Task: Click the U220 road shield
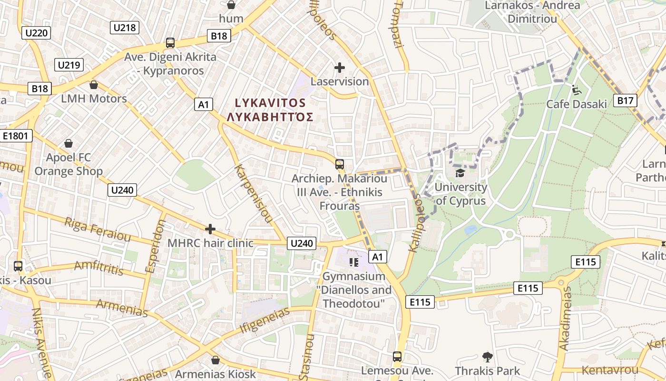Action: coord(36,33)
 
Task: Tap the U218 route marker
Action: coord(125,27)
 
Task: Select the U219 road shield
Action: coord(69,65)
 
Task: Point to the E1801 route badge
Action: coord(16,136)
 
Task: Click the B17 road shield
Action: coord(625,100)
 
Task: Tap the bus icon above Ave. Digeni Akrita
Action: coord(170,43)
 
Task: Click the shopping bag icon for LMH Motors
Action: coord(94,85)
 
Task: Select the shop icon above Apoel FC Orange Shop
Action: coord(69,143)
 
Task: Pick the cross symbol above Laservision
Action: coord(339,68)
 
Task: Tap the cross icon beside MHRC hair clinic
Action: coord(210,229)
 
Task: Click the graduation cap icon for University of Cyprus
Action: coord(460,172)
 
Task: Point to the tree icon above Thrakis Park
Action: coord(487,357)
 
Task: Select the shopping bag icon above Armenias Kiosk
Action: coord(215,360)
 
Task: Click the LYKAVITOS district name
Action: coord(270,103)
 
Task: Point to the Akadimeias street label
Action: coord(565,318)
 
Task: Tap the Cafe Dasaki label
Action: coord(577,104)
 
